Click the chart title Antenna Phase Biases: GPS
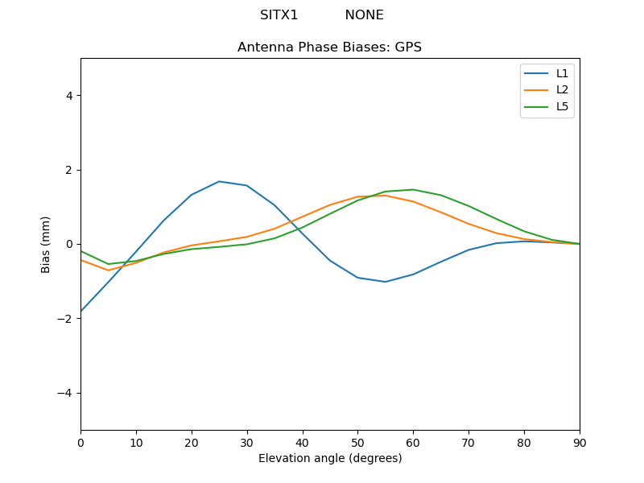pos(329,47)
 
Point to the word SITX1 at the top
pos(279,15)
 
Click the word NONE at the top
pos(364,15)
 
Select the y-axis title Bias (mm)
pos(46,244)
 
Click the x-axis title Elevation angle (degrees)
pos(329,458)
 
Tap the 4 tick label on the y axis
pos(68,96)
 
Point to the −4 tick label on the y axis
pos(65,393)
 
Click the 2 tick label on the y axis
pos(68,170)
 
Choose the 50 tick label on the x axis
pos(357,442)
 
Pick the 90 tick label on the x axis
pos(579,442)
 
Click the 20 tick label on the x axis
pos(192,442)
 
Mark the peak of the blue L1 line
pos(219,181)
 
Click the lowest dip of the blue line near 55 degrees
pos(386,282)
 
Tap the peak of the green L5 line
pos(413,190)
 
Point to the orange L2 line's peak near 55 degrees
pos(386,195)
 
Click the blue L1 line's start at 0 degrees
pos(81,311)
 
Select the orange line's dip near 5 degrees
pos(108,270)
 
